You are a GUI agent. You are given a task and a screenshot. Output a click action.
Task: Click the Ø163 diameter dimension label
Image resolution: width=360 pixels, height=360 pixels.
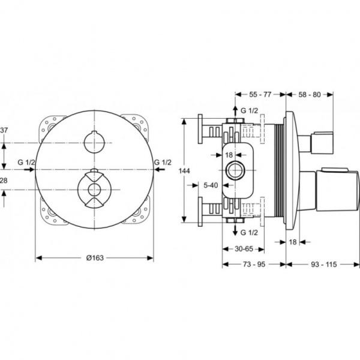click(x=94, y=257)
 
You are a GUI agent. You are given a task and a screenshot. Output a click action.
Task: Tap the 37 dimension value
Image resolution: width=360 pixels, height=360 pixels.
click(x=5, y=130)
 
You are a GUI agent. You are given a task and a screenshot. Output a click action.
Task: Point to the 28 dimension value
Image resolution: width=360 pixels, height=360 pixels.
click(x=4, y=181)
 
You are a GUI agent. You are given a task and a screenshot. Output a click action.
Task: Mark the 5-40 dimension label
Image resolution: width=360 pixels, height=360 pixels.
click(x=211, y=185)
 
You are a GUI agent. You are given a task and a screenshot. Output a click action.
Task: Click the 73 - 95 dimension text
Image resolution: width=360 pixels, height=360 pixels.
click(x=253, y=264)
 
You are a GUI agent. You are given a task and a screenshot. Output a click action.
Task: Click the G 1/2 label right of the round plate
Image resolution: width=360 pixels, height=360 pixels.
click(x=163, y=162)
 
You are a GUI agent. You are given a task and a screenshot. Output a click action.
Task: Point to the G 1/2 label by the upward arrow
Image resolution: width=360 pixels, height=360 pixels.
click(x=249, y=111)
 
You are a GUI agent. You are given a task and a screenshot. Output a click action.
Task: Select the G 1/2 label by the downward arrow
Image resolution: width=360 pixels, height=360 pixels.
click(x=249, y=232)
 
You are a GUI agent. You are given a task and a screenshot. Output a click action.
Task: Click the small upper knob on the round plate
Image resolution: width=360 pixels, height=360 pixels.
click(x=94, y=143)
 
